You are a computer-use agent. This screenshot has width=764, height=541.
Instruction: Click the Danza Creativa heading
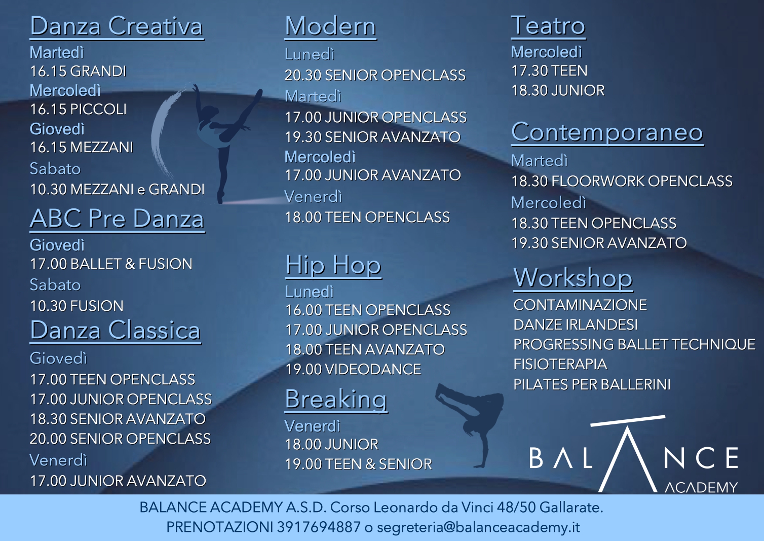pos(117,27)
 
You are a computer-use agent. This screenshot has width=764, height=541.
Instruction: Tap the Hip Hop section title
pos(333,266)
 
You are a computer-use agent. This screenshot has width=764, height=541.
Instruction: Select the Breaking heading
pos(336,399)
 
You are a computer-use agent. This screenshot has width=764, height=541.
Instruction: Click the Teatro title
pos(548,26)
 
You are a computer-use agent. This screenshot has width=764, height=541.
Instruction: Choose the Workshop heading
pos(573,278)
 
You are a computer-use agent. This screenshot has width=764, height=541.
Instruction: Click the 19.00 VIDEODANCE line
pos(353,369)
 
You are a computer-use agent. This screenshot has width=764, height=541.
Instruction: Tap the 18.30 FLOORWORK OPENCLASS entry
pos(622,181)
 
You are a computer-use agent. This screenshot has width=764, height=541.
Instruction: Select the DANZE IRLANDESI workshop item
pos(576,324)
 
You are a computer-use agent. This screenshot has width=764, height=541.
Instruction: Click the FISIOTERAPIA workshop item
pos(560,364)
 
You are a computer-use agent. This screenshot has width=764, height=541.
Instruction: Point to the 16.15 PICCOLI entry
pos(79,109)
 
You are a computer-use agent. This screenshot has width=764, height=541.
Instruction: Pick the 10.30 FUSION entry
pos(77,306)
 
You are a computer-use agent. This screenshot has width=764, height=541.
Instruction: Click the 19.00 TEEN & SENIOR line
pos(359,464)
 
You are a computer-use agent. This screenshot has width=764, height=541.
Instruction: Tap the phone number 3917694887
pos(319,527)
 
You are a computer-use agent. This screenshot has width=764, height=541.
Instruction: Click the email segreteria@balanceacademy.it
pos(478,527)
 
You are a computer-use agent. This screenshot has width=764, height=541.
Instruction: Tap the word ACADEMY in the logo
pos(701,487)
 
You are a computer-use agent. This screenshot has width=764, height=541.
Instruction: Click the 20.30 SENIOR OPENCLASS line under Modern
pos(375,75)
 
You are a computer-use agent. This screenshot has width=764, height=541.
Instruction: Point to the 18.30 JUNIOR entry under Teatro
pos(558,90)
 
